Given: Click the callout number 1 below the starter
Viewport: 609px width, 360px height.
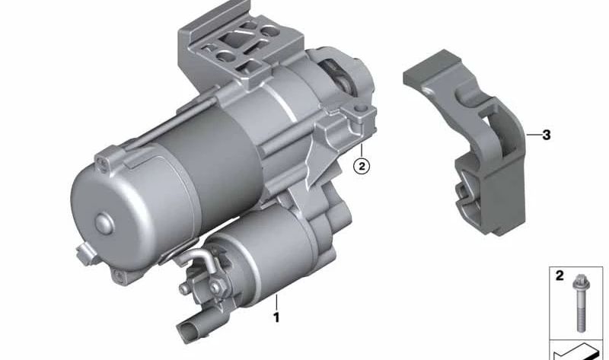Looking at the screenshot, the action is pyautogui.click(x=276, y=317).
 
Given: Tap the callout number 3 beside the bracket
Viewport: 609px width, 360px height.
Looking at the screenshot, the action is pyautogui.click(x=547, y=135).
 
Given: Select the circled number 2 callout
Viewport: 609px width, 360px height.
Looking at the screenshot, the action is pyautogui.click(x=362, y=166).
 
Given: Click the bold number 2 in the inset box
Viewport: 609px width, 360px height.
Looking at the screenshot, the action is pyautogui.click(x=560, y=276).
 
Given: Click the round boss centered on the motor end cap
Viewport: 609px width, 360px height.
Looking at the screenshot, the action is pyautogui.click(x=104, y=224).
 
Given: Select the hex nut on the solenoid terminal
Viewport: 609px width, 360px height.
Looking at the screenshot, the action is pyautogui.click(x=215, y=287).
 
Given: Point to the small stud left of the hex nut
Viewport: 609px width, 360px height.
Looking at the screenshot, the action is pyautogui.click(x=184, y=288).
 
